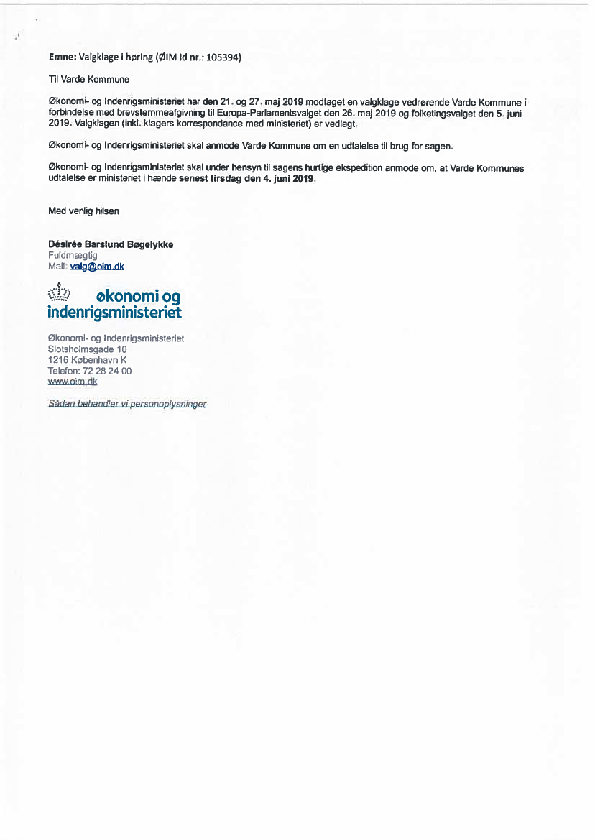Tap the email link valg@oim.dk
(97, 266)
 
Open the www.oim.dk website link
(72, 382)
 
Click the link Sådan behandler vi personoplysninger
(127, 404)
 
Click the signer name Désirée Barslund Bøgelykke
(111, 244)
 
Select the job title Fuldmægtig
(73, 255)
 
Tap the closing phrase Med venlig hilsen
(83, 211)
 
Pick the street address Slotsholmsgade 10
(87, 349)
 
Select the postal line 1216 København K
(87, 360)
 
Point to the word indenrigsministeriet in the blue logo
(114, 313)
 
